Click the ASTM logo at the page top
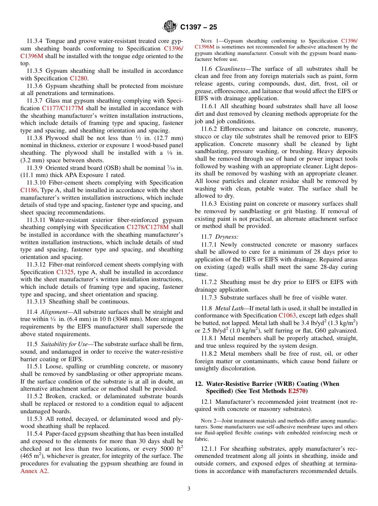[170, 27]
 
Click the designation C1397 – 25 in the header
[199, 27]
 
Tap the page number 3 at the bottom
[189, 489]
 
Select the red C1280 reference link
[78, 78]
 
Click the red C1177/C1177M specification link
[62, 108]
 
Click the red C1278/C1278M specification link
[148, 228]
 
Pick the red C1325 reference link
[65, 272]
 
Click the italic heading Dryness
[226, 237]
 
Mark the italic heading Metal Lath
[229, 308]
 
